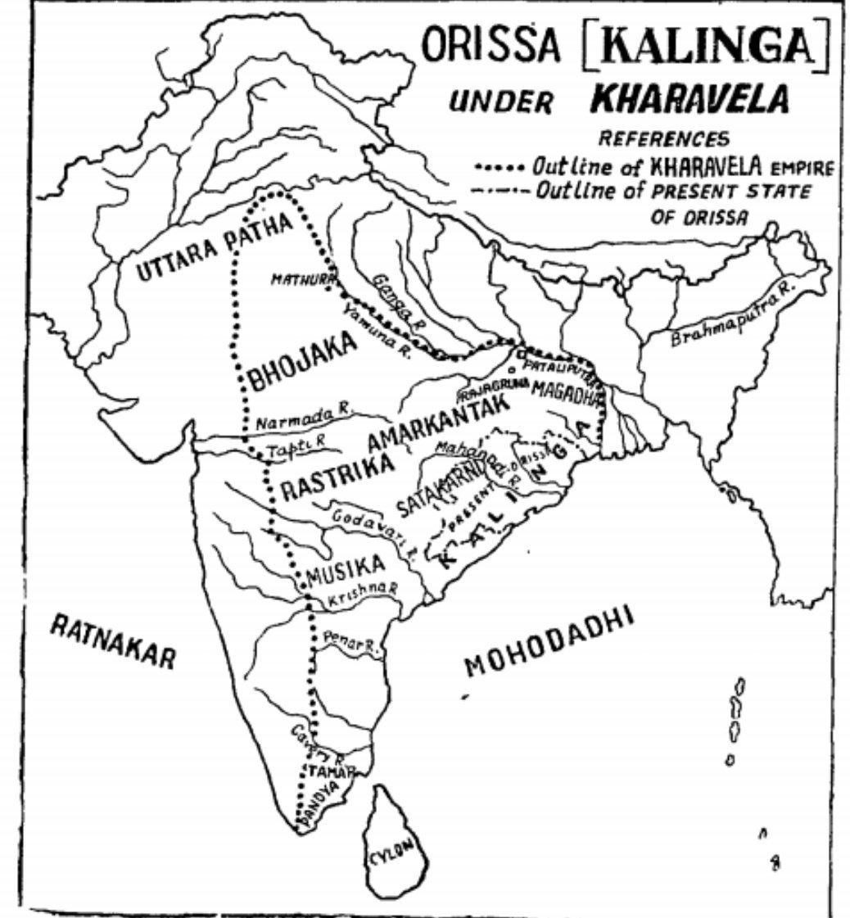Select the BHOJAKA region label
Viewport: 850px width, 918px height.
303,360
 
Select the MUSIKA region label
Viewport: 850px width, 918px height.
344,568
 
